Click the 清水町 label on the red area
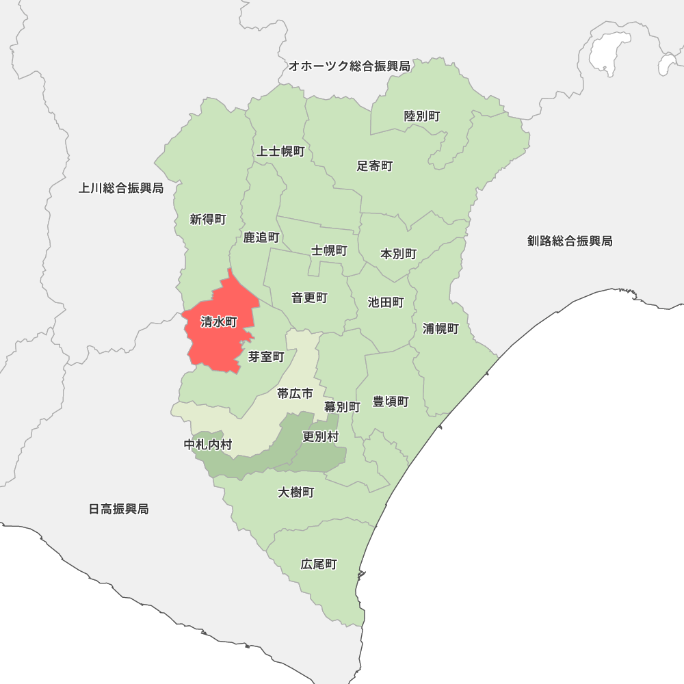[219, 322]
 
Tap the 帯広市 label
[295, 393]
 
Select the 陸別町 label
[422, 116]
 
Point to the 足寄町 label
[375, 166]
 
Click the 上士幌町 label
[280, 151]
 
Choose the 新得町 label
[208, 220]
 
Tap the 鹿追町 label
[261, 237]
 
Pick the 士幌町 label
[329, 250]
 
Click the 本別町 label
[398, 254]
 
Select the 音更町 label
[309, 298]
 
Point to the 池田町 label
[386, 302]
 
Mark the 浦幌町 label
[440, 328]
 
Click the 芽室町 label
[266, 356]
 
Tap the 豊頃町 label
[391, 402]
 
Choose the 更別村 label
[320, 436]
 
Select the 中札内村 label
[208, 445]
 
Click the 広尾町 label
[319, 564]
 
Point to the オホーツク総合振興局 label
[349, 66]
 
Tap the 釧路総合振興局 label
[570, 241]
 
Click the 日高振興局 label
[118, 509]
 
